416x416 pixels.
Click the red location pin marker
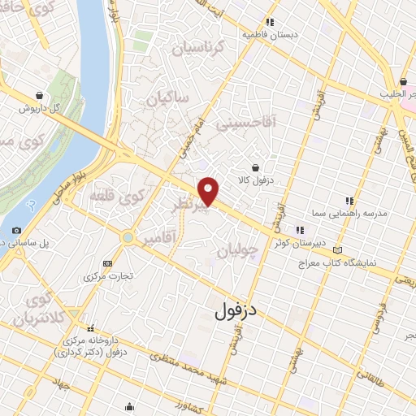coord(209,191)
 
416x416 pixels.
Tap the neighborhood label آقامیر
coord(160,241)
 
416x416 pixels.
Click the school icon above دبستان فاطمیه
coord(269,22)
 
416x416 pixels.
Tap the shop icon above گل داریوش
coord(40,94)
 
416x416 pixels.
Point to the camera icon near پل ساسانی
coord(17,230)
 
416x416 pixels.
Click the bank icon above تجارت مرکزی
coord(108,263)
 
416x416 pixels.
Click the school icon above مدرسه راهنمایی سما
coord(349,200)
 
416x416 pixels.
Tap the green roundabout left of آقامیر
coord(128,237)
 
